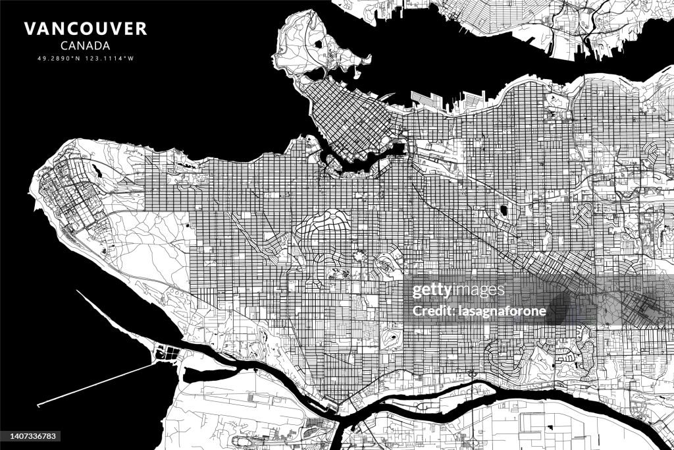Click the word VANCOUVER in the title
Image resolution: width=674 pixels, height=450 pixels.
point(86,29)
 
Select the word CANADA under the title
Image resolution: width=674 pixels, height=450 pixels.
point(85,46)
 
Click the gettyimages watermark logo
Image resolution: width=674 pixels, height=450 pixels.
point(459,291)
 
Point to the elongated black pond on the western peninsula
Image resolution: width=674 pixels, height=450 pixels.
point(97,173)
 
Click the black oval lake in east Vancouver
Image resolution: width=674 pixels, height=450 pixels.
point(504,211)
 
